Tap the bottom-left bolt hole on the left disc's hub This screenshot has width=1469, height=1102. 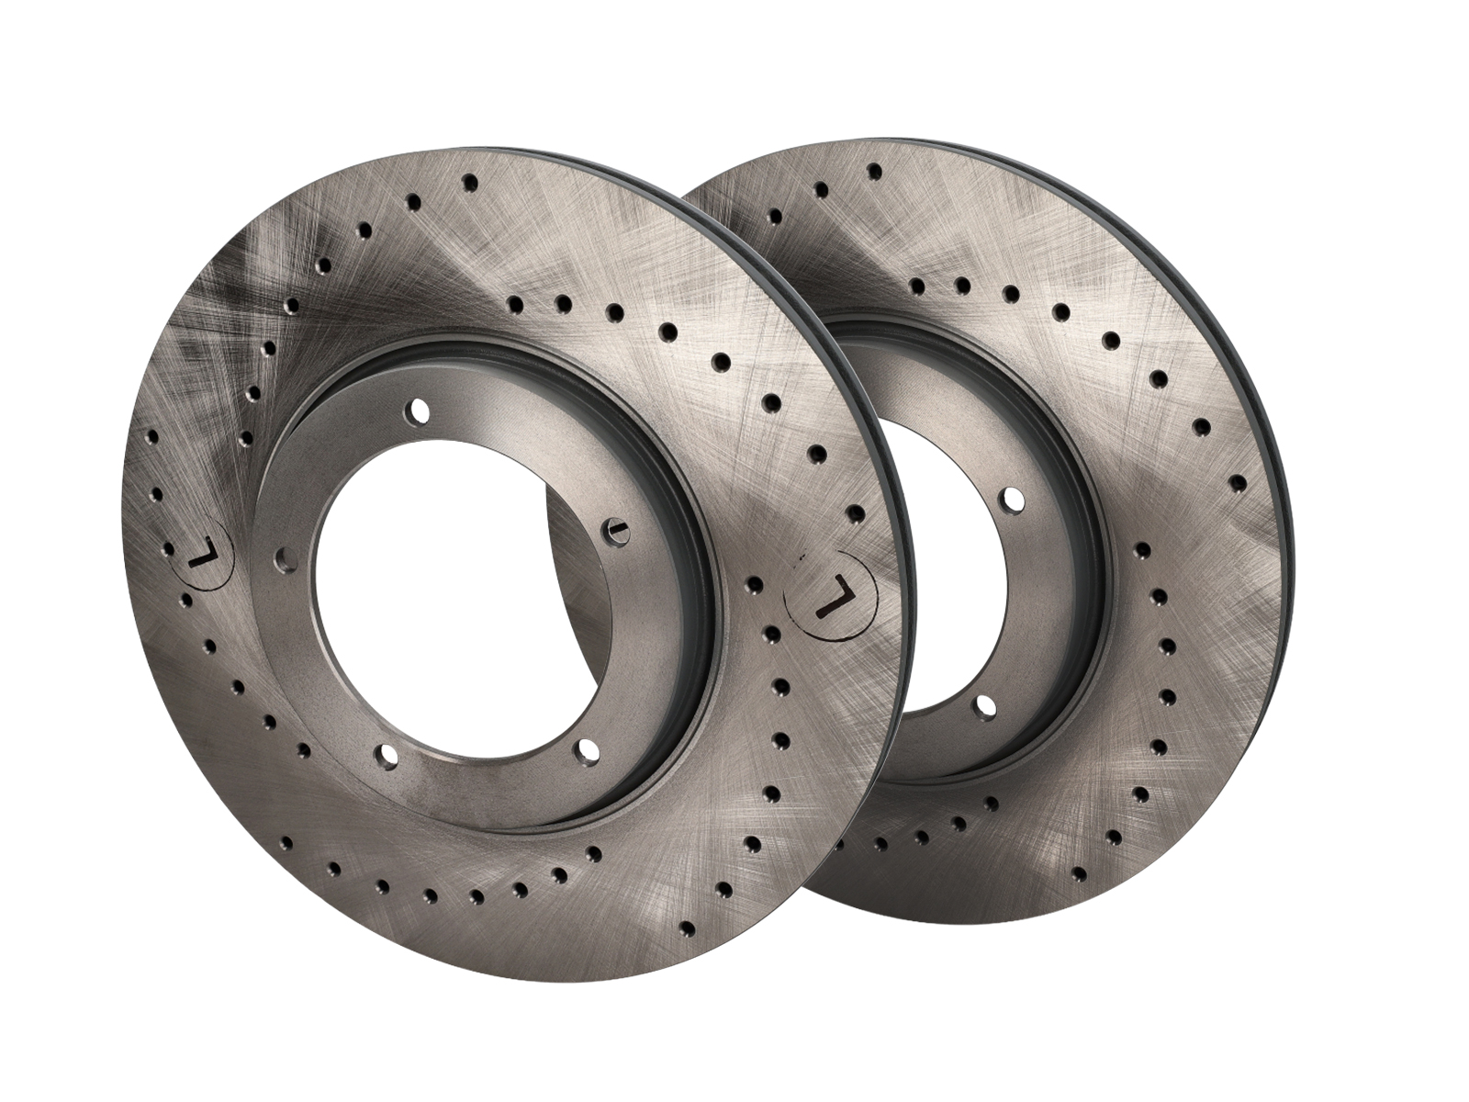tap(385, 755)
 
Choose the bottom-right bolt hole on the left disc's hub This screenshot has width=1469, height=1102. tap(588, 750)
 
